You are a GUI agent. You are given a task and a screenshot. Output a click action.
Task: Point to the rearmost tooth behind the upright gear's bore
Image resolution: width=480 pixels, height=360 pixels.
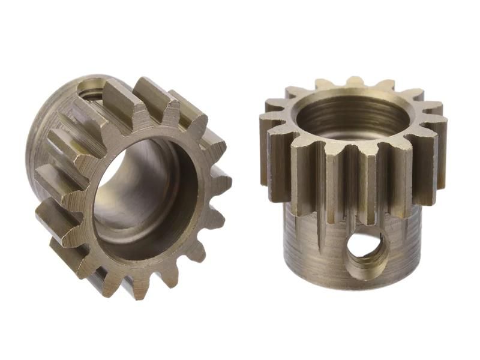pyautogui.click(x=355, y=82)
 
